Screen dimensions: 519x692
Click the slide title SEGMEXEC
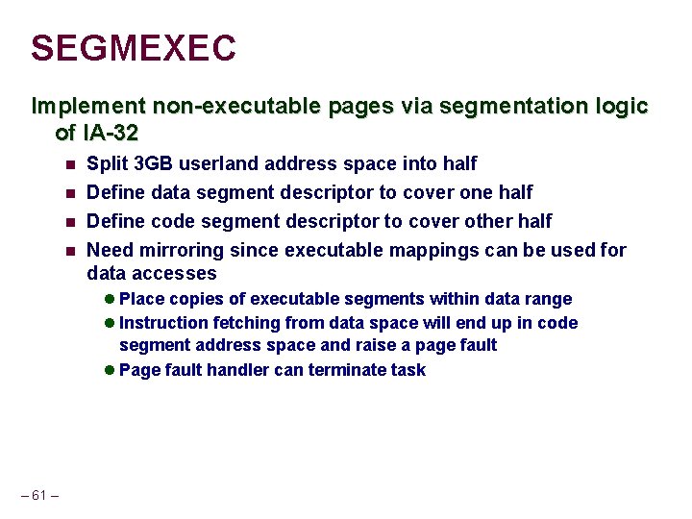[x=133, y=48]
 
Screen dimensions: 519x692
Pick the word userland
[x=226, y=164]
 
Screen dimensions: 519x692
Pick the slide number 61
[x=39, y=496]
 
